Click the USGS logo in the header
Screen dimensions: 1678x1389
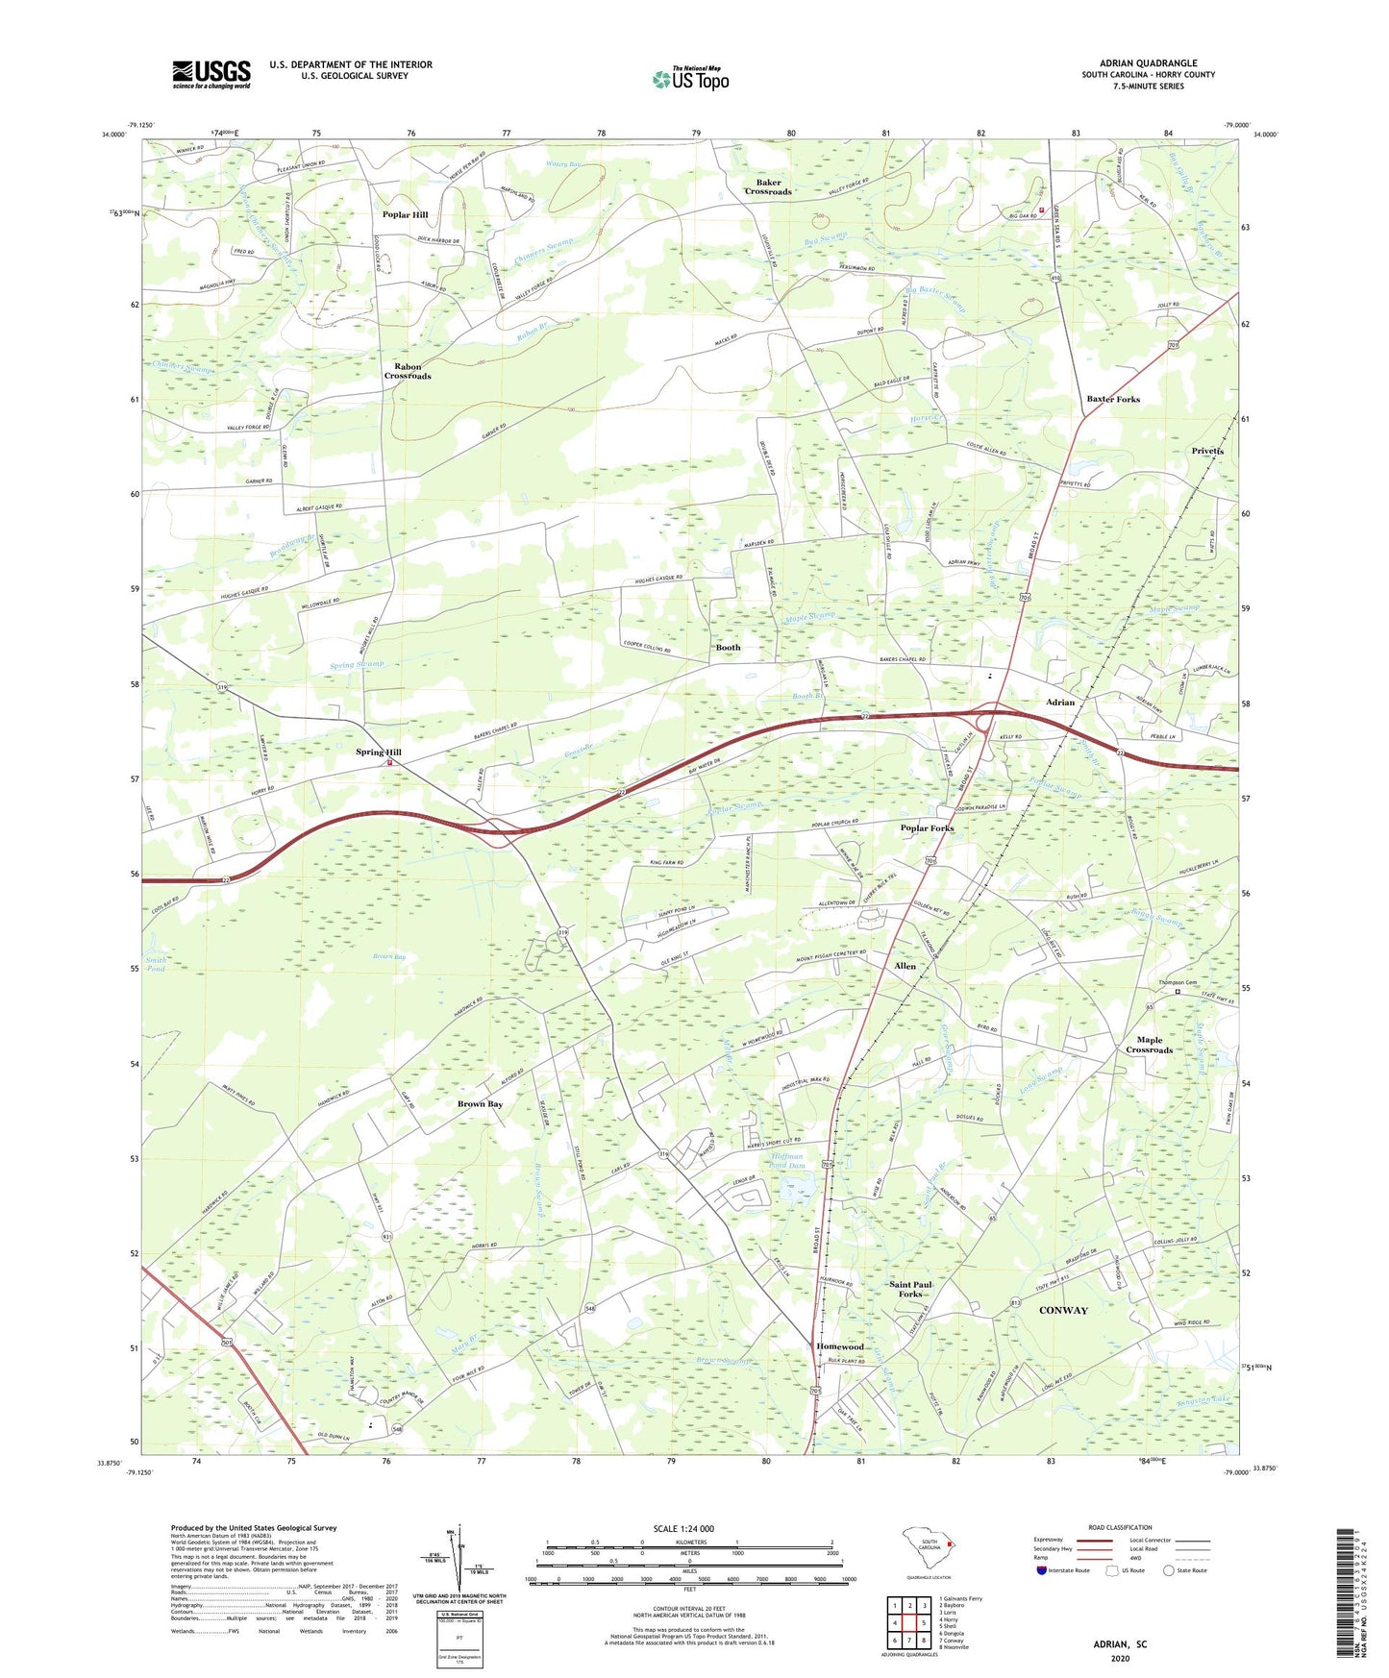[x=211, y=74]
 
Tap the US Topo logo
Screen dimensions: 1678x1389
[x=690, y=79]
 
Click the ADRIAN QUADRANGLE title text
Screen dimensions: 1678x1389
[x=1148, y=63]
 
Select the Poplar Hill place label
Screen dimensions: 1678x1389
[x=405, y=215]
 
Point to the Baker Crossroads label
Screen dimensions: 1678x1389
[x=767, y=186]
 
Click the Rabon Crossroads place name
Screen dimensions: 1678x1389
[x=408, y=371]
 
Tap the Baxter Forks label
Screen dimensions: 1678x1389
[x=1112, y=399]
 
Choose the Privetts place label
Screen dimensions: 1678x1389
[x=1207, y=451]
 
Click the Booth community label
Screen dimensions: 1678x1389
[x=728, y=648]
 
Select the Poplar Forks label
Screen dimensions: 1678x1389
[x=927, y=828]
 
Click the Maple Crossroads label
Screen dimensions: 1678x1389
[x=1149, y=1045]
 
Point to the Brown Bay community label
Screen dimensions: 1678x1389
[x=480, y=1104]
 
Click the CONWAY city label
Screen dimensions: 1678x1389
[x=1063, y=1310]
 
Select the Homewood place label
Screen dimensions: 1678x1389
[x=839, y=1346]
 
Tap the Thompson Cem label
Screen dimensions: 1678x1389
[x=1177, y=982]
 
